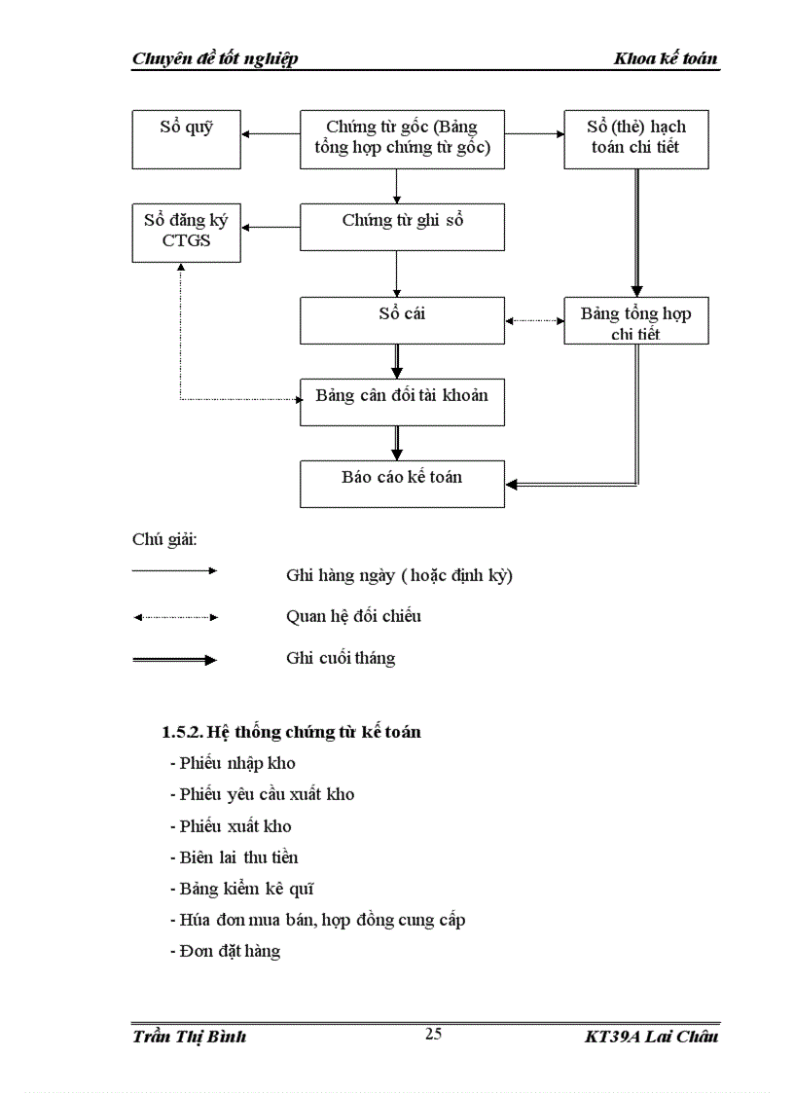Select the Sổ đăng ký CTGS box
[186, 232]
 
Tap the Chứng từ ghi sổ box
[402, 226]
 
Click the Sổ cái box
[402, 320]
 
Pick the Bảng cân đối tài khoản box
[402, 402]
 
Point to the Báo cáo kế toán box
[402, 484]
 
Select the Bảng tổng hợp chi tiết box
[636, 320]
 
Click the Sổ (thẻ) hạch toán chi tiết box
[636, 138]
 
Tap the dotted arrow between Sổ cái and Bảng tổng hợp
[534, 320]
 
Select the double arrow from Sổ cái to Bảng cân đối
[397, 361]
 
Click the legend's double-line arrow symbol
[175, 660]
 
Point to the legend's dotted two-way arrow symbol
[175, 617]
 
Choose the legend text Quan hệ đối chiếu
[353, 616]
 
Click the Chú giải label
[164, 539]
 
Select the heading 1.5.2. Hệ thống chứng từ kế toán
[291, 732]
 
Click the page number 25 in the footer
[434, 1034]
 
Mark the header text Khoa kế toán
[666, 59]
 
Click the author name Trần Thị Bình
[190, 1037]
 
